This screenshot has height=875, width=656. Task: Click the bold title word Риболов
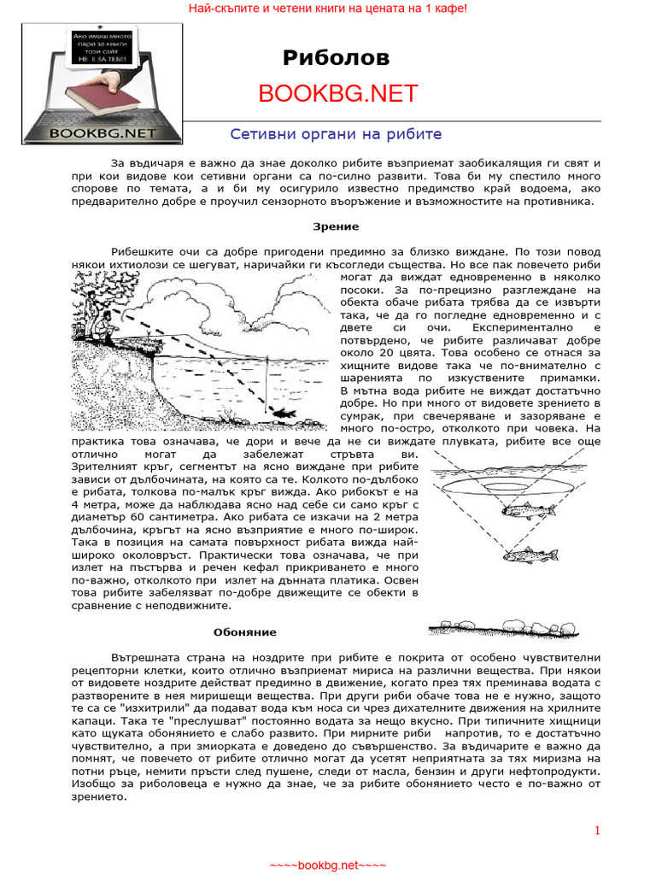pos(336,57)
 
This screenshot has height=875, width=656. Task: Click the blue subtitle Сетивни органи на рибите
pos(336,134)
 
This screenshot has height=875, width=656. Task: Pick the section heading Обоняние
pos(244,632)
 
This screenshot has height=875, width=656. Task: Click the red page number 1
pos(597,831)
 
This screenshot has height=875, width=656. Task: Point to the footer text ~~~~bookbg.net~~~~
pos(328,865)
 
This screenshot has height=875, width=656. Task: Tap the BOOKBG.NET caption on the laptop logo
pos(102,132)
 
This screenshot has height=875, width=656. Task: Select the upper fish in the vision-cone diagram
pos(526,511)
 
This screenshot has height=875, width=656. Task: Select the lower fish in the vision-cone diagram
pos(530,555)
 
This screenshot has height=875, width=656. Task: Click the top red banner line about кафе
pos(328,8)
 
